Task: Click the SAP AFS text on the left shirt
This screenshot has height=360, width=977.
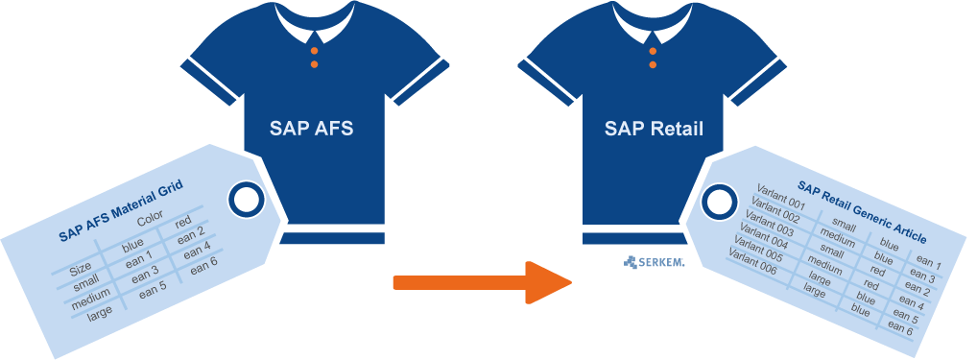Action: click(311, 129)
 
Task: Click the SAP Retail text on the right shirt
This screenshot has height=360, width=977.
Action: click(654, 129)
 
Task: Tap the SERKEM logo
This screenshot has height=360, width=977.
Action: click(654, 263)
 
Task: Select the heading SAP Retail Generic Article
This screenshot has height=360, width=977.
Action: click(862, 212)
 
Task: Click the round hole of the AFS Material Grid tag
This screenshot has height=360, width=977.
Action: click(246, 200)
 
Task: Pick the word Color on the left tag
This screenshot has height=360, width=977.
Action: click(150, 219)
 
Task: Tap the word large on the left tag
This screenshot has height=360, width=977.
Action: click(101, 313)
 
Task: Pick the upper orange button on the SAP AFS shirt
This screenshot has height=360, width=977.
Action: click(314, 51)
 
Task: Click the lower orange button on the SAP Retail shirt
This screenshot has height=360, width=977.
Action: click(653, 64)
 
